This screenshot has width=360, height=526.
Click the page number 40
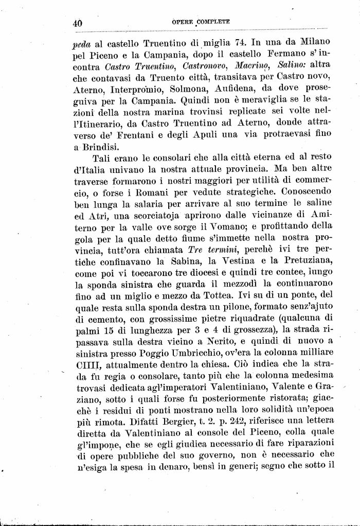(78, 23)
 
